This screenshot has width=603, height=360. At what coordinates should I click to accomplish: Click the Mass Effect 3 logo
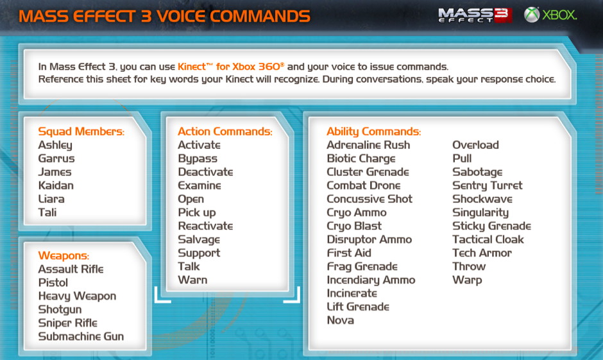click(475, 15)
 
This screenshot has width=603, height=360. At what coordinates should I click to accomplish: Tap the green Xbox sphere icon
click(531, 15)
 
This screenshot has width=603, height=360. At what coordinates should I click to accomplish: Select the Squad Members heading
click(81, 132)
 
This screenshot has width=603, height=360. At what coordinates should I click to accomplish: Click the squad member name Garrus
click(56, 159)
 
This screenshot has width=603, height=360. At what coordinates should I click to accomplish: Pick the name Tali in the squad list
click(47, 212)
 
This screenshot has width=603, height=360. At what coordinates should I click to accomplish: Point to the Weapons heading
click(64, 256)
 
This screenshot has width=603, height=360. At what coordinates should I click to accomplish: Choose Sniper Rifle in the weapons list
click(68, 323)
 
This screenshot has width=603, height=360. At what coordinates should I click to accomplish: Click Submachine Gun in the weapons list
click(81, 336)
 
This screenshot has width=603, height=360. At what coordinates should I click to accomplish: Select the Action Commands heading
click(225, 132)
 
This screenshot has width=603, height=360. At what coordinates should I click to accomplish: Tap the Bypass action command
click(198, 159)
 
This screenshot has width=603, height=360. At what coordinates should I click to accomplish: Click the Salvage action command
click(199, 239)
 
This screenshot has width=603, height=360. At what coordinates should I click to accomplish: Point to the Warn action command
click(192, 280)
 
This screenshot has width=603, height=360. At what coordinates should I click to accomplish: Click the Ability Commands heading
click(374, 132)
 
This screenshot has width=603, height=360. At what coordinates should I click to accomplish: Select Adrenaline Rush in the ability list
click(368, 145)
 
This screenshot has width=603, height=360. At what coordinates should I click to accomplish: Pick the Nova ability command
click(341, 320)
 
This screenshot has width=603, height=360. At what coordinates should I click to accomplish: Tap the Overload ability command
click(475, 145)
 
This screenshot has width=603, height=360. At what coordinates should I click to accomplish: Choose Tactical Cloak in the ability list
click(488, 239)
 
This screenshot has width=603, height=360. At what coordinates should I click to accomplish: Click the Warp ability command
click(467, 280)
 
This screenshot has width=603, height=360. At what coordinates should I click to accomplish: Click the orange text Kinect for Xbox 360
click(231, 67)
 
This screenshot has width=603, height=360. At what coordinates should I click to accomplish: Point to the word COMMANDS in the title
click(260, 16)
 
